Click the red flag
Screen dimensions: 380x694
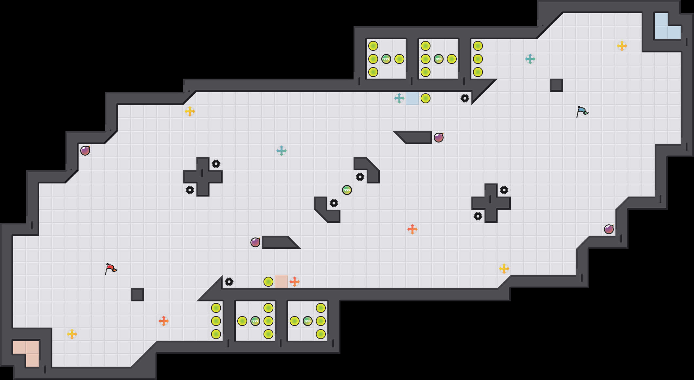point(111,269)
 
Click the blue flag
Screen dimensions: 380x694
point(582,111)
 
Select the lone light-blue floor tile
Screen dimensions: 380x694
point(412,98)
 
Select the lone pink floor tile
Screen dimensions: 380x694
point(282,282)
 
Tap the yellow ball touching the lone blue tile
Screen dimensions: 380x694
point(426,98)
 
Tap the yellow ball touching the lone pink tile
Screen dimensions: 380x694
point(268,282)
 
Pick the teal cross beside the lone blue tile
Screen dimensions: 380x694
point(399,98)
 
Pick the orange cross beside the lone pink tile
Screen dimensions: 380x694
point(295,282)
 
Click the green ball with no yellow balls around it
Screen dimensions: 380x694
point(347,190)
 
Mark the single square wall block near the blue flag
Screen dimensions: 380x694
point(557,85)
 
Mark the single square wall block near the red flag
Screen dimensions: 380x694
point(137,295)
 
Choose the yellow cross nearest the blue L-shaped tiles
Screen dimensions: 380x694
point(622,46)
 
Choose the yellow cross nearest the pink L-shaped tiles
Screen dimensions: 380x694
point(72,334)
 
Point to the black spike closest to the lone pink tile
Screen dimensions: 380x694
point(229,282)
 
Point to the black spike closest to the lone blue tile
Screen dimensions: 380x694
point(465,98)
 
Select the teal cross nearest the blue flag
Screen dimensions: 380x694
point(530,59)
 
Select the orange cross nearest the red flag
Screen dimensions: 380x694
point(164,321)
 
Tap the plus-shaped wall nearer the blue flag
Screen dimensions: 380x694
point(491,203)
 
